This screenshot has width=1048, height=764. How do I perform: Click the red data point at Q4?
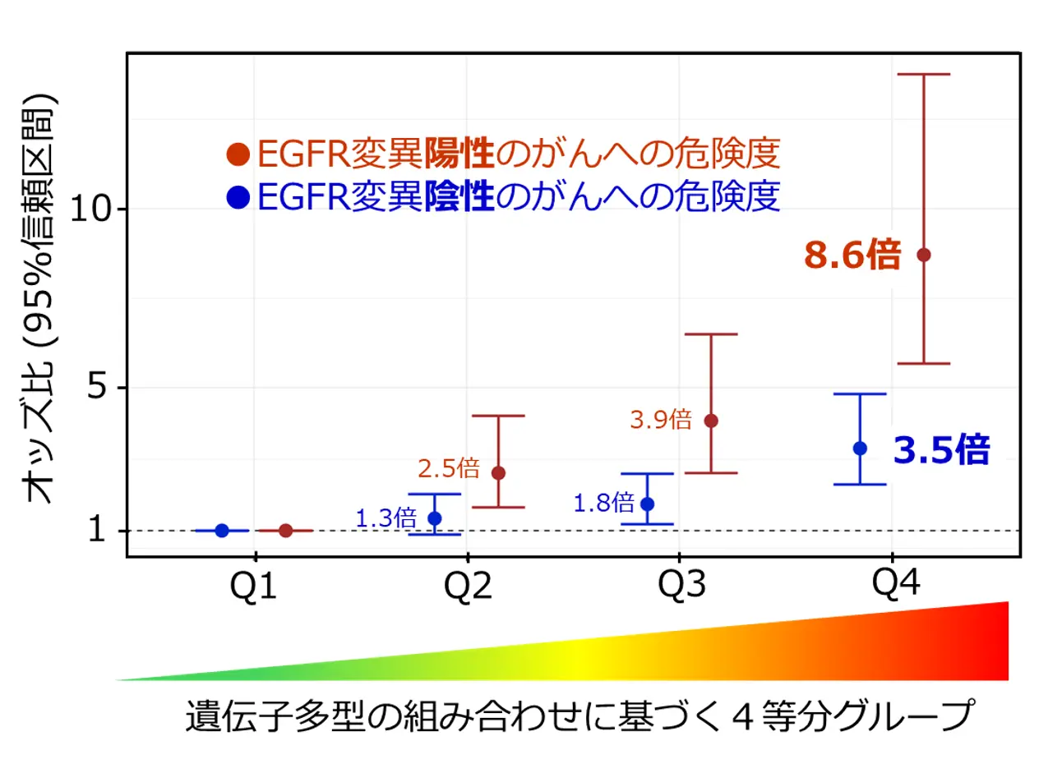pos(923,255)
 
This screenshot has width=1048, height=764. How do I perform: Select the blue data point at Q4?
pos(860,448)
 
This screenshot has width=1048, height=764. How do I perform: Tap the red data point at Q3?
pos(711,421)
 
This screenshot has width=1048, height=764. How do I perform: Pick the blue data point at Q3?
pos(648,504)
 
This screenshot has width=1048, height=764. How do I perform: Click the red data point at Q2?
pos(498,472)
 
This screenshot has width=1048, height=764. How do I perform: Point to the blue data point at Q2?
pos(435,518)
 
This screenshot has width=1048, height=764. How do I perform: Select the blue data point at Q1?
pos(221,531)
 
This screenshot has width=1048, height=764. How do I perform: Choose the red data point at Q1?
pos(285,531)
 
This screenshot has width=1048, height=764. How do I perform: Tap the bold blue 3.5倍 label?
pos(941,450)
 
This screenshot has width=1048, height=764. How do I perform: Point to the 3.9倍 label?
pos(660,420)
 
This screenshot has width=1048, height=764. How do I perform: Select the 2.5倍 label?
pos(448,469)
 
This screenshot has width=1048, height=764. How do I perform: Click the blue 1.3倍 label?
pos(386,518)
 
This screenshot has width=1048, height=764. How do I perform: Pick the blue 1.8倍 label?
pos(603,503)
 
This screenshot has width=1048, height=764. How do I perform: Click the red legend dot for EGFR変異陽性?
pos(238,154)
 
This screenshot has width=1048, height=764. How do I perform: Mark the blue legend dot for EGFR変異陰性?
pos(238,197)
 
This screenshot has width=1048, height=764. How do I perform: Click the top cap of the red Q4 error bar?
pos(923,74)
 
